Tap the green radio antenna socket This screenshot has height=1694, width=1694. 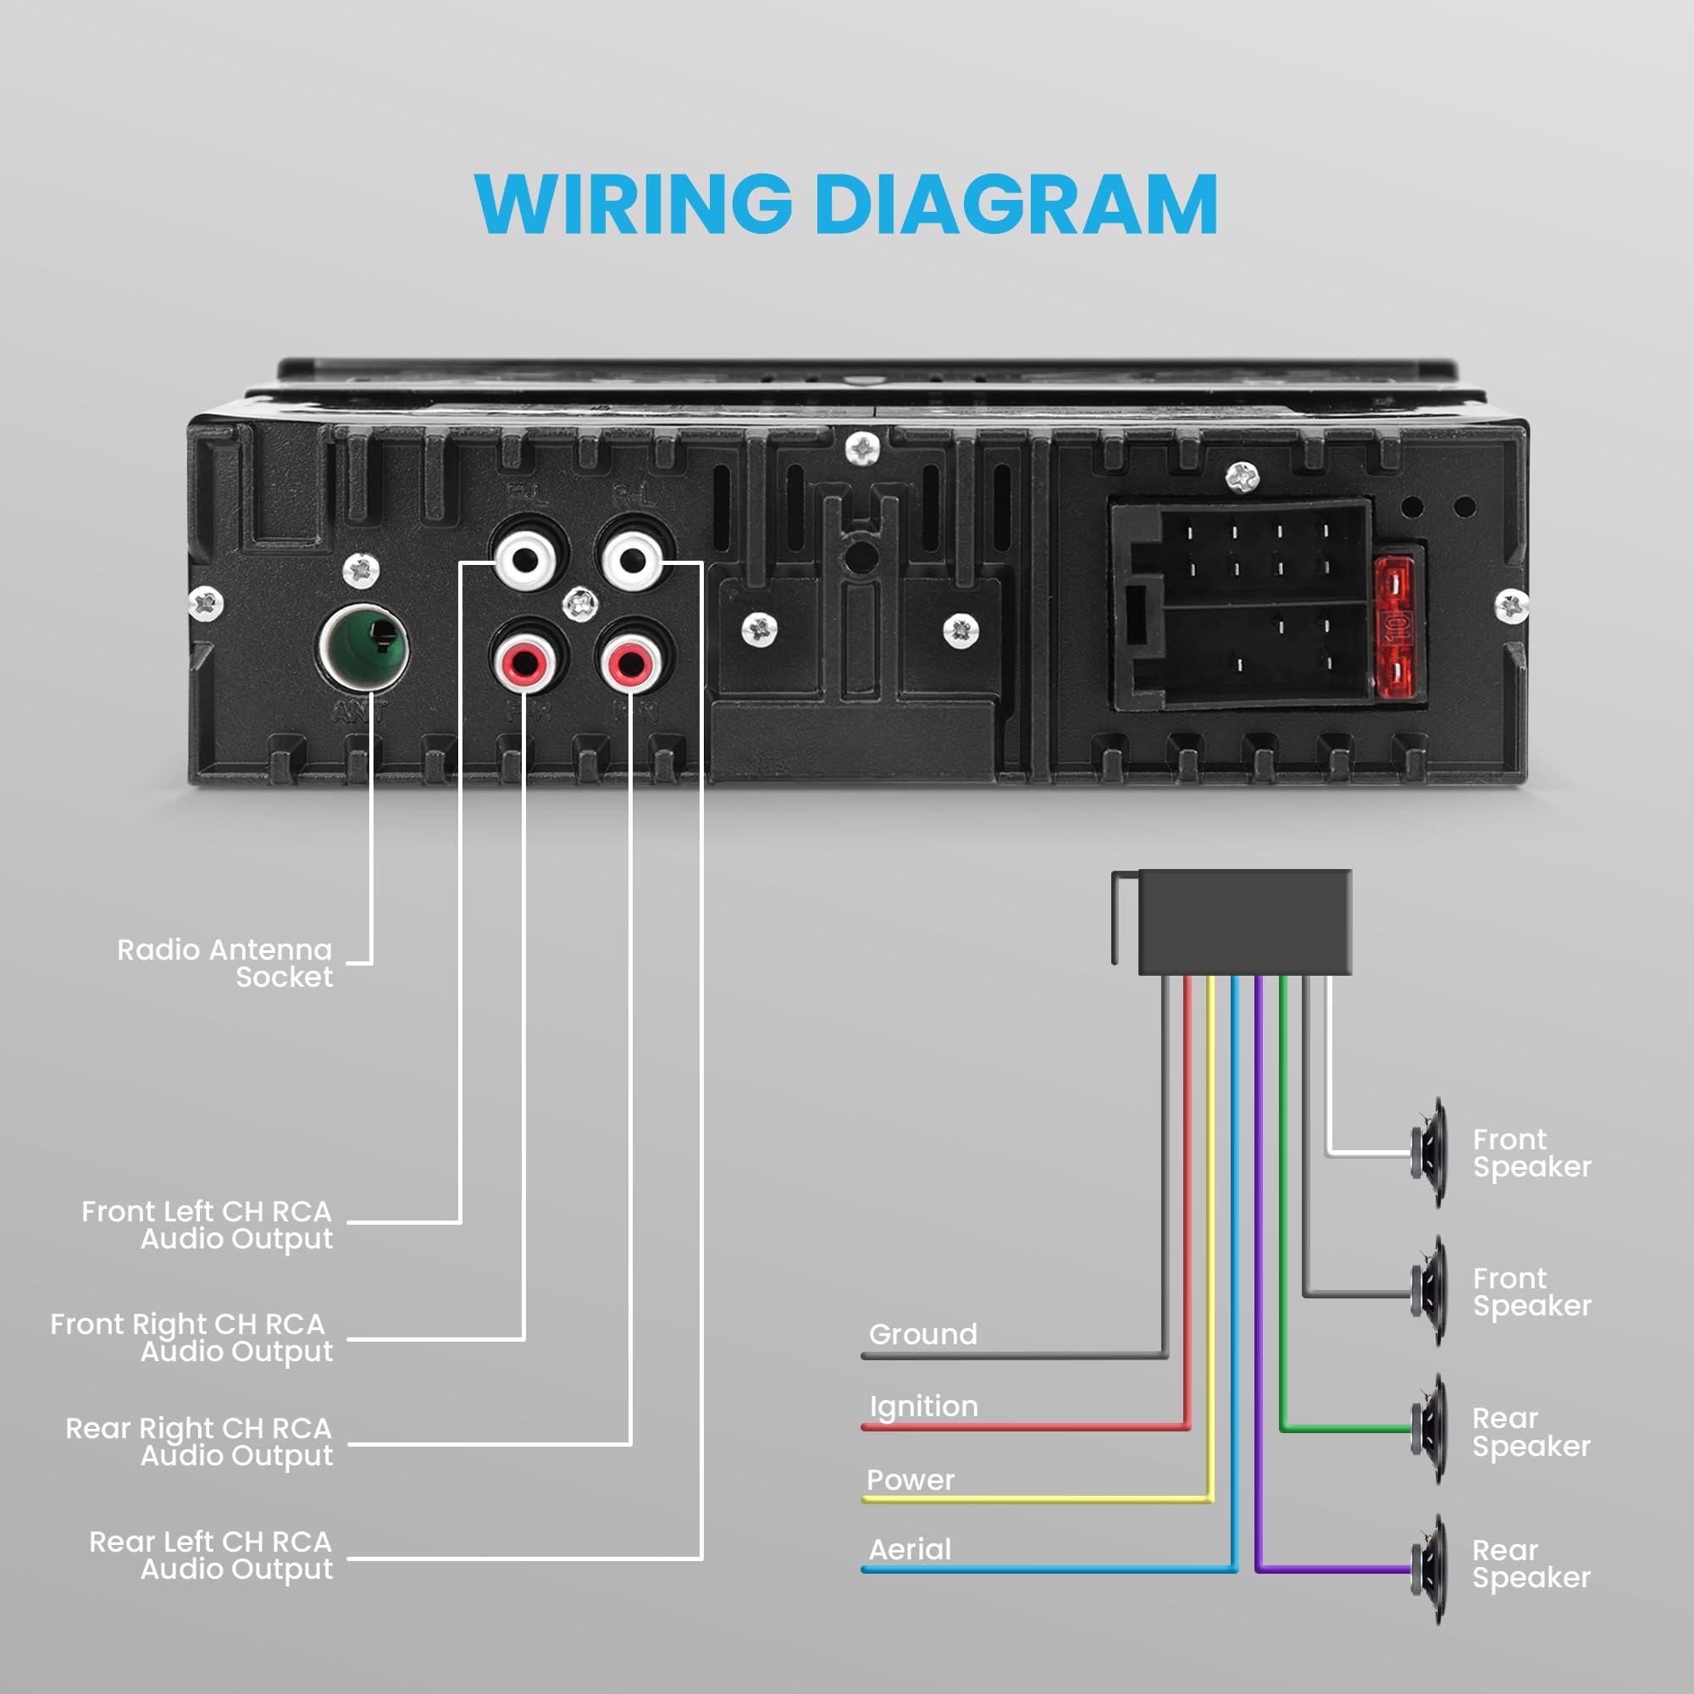363,650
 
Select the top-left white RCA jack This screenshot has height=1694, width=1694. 525,558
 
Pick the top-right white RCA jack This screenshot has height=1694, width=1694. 632,558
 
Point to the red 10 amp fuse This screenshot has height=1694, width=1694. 1395,626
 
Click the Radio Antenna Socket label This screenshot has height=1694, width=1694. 225,963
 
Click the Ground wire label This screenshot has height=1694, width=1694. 922,1334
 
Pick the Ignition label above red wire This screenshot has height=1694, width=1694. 923,1405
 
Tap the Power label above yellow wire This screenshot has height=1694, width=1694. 911,1479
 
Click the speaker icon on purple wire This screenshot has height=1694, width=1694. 1430,1569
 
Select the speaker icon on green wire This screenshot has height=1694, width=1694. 1430,1428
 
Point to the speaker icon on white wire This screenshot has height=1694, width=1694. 1430,1152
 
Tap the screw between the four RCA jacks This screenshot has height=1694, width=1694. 579,603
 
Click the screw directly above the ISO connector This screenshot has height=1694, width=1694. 1242,478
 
